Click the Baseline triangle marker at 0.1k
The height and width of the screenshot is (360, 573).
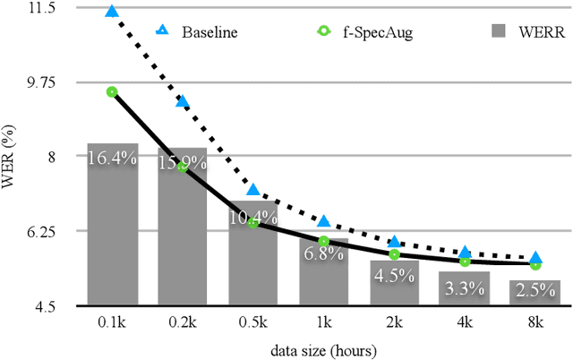point(112,12)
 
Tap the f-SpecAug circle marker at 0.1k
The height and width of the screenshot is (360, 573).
point(112,91)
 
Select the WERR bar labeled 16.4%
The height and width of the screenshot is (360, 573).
point(112,224)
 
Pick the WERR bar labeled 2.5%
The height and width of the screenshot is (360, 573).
point(535,293)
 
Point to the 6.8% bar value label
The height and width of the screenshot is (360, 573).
point(323,253)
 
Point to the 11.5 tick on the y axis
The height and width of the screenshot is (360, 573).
point(41,7)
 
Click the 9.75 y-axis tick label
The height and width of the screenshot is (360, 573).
point(41,81)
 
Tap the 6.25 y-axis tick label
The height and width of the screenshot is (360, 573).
point(41,231)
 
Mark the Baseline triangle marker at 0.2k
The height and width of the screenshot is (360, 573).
point(183,101)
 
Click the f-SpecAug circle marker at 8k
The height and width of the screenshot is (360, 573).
point(535,264)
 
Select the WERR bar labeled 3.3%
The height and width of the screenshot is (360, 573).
point(465,288)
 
